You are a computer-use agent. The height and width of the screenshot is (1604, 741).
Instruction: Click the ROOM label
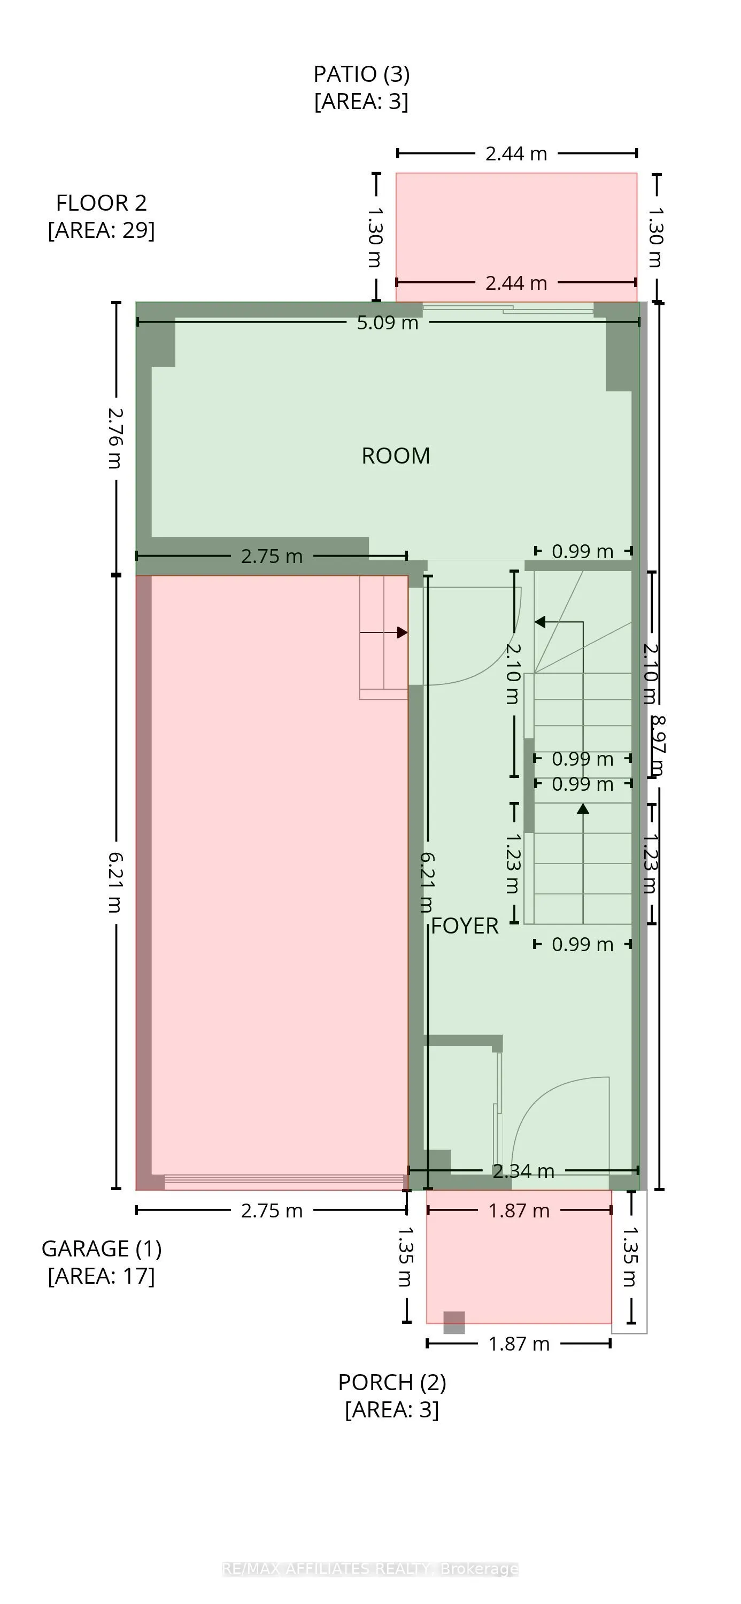(396, 456)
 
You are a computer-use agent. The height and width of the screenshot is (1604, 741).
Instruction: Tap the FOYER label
(465, 926)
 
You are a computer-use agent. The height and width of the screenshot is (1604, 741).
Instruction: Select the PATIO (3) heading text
(361, 74)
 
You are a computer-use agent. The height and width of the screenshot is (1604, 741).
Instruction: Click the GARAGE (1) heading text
(101, 1248)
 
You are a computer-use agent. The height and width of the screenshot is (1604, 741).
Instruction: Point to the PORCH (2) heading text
(392, 1382)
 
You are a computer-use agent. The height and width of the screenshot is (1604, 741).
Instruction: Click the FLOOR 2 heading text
(101, 203)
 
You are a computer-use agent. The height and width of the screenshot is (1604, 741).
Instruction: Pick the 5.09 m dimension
(387, 322)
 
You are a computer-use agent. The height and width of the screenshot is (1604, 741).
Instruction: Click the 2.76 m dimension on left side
(115, 438)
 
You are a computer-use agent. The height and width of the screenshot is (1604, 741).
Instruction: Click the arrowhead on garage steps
(402, 632)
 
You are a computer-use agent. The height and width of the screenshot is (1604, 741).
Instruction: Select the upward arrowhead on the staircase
(583, 809)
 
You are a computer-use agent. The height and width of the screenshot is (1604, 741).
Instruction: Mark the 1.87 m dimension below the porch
(519, 1344)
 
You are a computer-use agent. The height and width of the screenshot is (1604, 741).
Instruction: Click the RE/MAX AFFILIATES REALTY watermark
(370, 1569)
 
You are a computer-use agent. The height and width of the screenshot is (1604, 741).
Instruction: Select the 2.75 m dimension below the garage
(272, 1210)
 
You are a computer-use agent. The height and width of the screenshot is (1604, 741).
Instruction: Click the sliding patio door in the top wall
(507, 307)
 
